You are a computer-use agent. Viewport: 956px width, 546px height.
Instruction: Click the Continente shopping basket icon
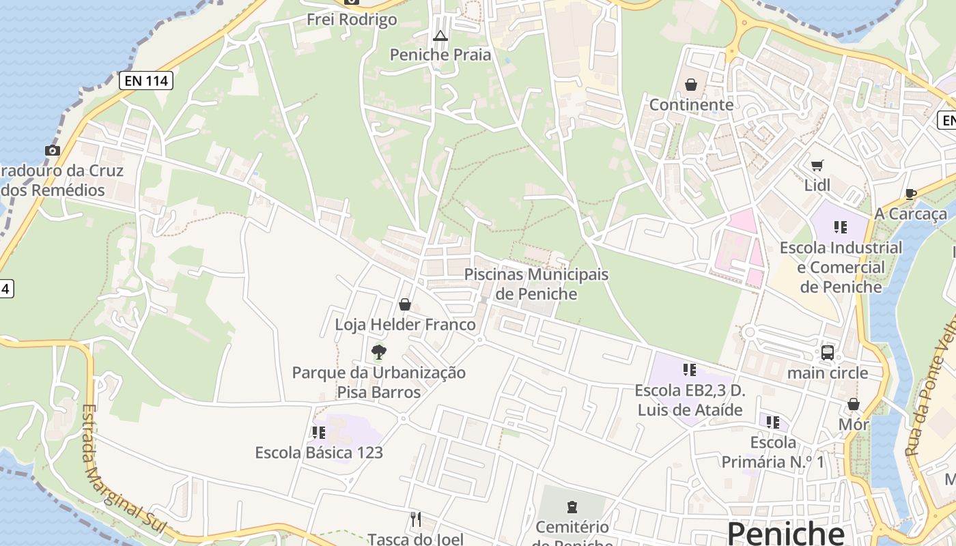coord(691,85)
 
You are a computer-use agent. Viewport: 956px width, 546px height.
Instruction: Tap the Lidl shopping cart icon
coord(817,165)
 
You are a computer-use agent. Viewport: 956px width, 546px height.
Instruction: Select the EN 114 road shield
coord(145,81)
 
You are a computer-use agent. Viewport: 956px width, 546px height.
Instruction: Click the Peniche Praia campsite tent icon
coord(440,35)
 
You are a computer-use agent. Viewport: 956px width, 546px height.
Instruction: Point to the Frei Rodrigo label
coord(352,19)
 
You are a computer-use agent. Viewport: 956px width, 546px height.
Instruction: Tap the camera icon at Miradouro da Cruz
coord(53,150)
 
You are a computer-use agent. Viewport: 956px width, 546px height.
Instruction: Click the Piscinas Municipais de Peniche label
coord(536,284)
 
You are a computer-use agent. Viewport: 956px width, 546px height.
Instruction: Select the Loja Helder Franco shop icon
coord(405,304)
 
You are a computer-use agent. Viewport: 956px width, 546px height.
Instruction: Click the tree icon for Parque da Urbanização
coord(378,352)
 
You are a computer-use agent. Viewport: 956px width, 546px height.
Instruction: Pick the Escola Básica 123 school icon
coord(318,432)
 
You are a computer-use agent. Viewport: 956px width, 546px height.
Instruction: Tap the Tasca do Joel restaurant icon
coord(415,519)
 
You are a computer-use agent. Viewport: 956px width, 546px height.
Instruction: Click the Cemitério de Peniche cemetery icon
coord(572,506)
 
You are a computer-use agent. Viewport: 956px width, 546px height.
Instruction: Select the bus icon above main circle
coord(828,353)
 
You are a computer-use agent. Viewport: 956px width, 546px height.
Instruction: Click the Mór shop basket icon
coord(853,404)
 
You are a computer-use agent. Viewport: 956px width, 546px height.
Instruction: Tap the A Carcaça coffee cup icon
coord(910,194)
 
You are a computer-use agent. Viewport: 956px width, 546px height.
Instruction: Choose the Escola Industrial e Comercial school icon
coord(841,227)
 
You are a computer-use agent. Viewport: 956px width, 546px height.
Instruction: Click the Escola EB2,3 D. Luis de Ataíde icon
coord(690,370)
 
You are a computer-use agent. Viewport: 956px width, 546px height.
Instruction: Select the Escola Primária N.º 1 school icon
coord(773,422)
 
